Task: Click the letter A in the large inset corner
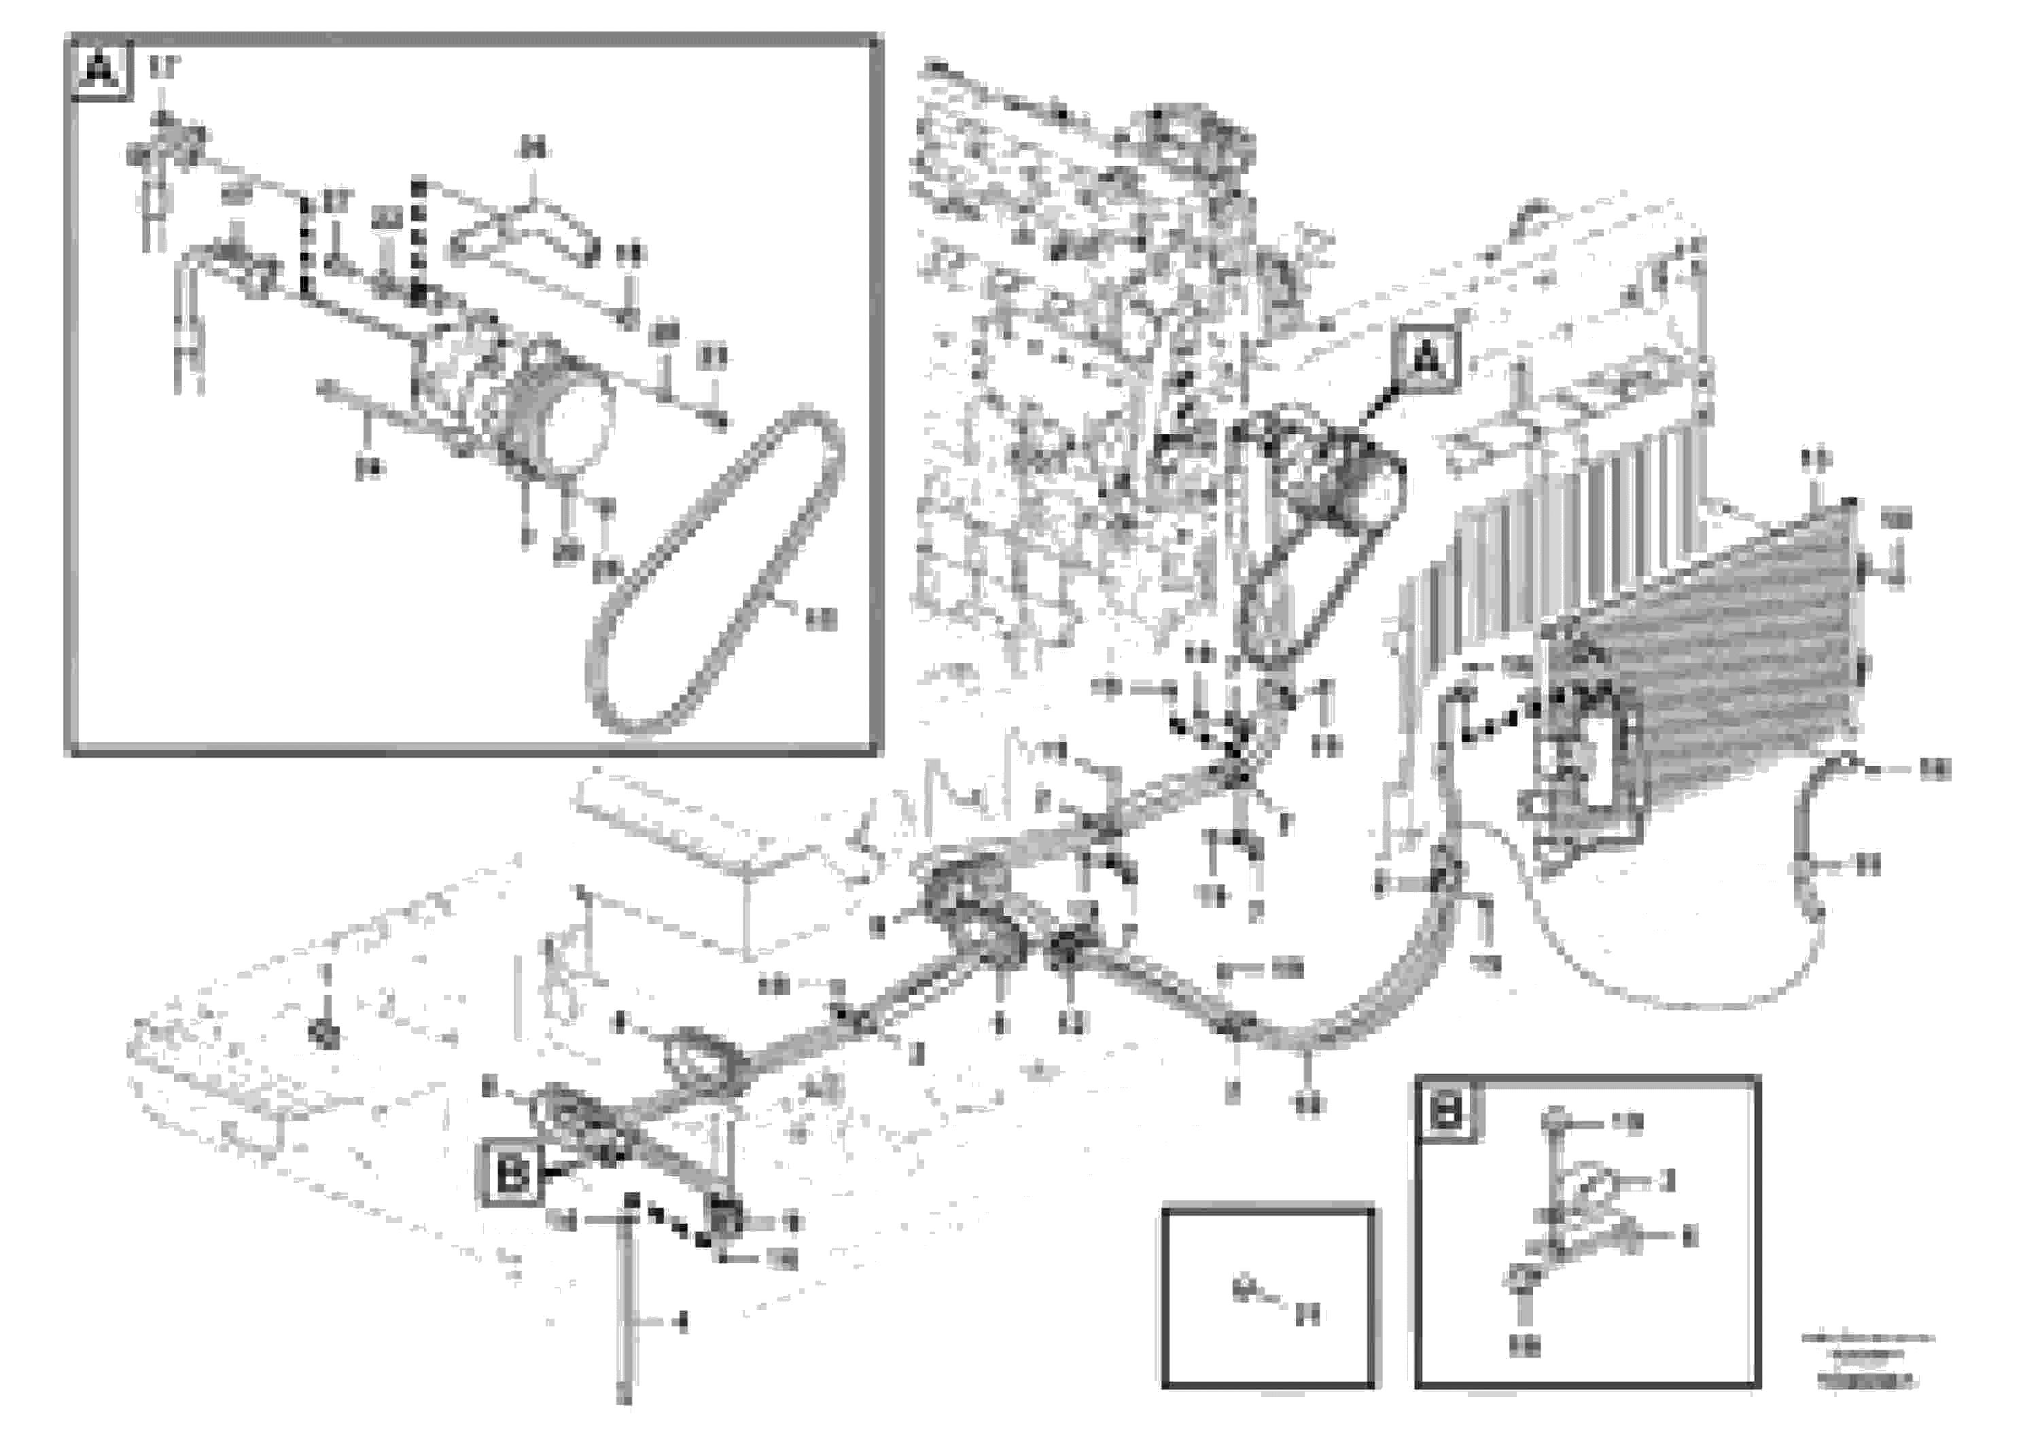pos(101,71)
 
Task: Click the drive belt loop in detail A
pos(718,573)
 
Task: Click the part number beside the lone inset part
pos(1309,1316)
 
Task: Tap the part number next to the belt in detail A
pos(820,620)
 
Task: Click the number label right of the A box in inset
pos(163,66)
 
